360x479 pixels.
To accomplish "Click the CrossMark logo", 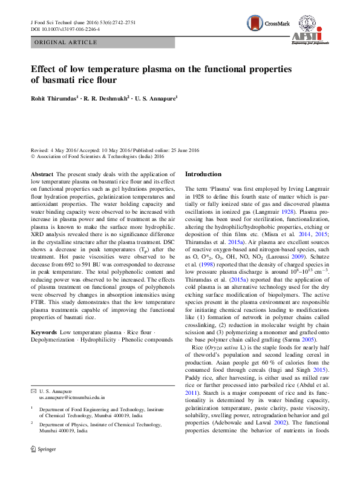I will [x=266, y=25].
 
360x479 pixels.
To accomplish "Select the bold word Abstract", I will [x=42, y=174].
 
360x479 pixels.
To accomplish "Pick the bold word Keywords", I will [x=44, y=333].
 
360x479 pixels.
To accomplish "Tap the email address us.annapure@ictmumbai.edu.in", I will [x=72, y=398].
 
